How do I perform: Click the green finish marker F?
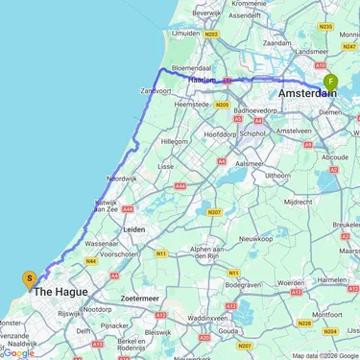330,83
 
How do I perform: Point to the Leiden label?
132,230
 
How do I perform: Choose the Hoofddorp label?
224,121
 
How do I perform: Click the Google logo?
18,352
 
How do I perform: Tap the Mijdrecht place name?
300,203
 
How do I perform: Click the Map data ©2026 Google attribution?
324,355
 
